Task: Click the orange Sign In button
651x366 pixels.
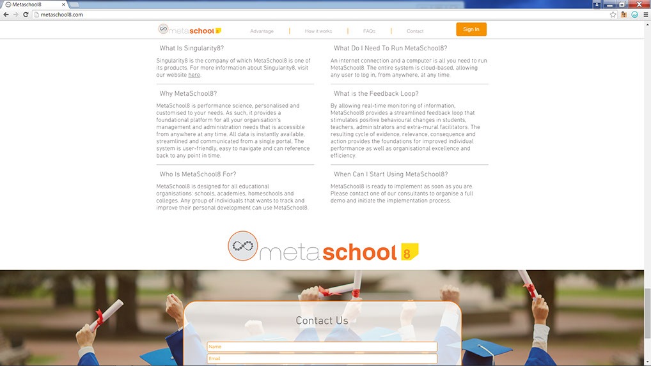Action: [x=471, y=29]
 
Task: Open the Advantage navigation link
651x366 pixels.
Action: [x=262, y=31]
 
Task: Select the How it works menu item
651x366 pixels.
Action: [x=318, y=31]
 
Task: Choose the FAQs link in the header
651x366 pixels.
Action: [x=369, y=31]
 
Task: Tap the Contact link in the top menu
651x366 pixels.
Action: [x=415, y=31]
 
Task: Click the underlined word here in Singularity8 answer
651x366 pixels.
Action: [x=194, y=75]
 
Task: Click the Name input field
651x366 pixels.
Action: [x=322, y=347]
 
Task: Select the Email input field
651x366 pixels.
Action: [x=322, y=359]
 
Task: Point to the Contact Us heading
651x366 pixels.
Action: [x=322, y=321]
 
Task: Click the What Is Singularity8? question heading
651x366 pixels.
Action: [x=192, y=49]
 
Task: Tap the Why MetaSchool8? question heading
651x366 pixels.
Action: [x=188, y=94]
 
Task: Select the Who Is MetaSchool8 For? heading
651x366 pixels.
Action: [x=198, y=174]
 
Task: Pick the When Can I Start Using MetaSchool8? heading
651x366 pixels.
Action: [x=391, y=174]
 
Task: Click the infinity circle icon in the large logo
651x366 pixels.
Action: [x=242, y=246]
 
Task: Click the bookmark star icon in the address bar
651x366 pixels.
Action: [x=613, y=14]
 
